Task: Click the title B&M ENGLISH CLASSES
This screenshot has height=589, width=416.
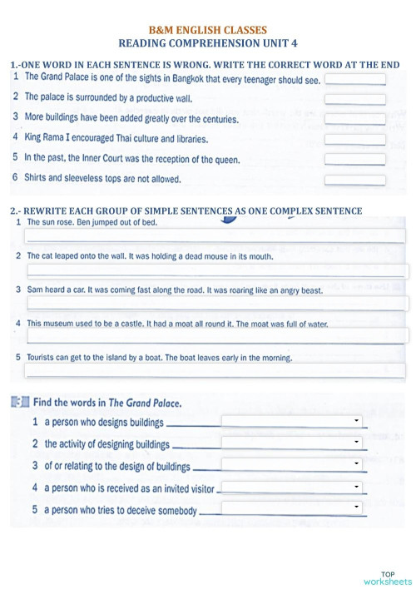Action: coord(207,29)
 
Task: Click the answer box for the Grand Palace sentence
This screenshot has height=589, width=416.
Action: coord(354,80)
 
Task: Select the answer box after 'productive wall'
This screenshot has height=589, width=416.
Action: coord(354,99)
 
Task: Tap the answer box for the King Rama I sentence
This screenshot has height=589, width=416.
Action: coord(354,139)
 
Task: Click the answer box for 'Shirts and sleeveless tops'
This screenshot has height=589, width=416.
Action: coord(354,179)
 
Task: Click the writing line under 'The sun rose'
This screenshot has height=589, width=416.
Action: coord(216,236)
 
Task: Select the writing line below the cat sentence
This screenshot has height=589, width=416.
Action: coord(216,270)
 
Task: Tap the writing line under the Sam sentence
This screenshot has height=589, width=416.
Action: coord(216,304)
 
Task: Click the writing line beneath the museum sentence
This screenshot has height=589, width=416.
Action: coord(216,336)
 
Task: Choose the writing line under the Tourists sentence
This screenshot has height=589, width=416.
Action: coord(216,370)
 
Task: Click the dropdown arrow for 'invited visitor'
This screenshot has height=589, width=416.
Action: coord(356,486)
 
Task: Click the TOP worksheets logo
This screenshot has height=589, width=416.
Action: coord(387,577)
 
